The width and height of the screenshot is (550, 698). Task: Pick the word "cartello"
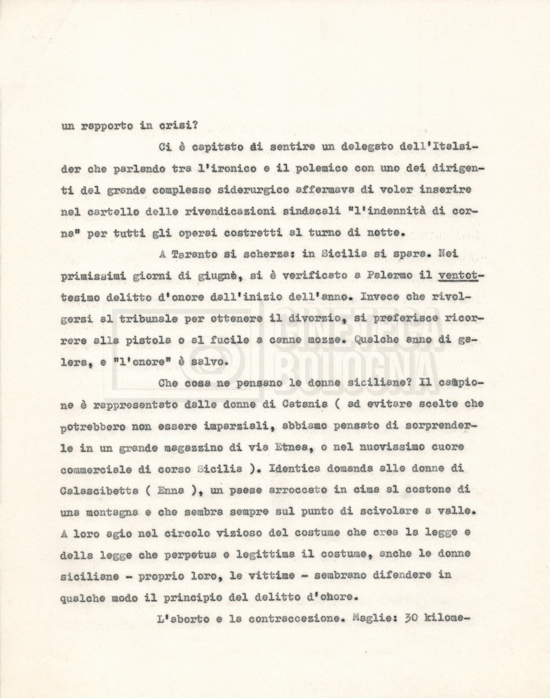pyautogui.click(x=114, y=211)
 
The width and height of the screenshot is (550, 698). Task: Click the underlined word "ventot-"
pyautogui.click(x=461, y=276)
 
